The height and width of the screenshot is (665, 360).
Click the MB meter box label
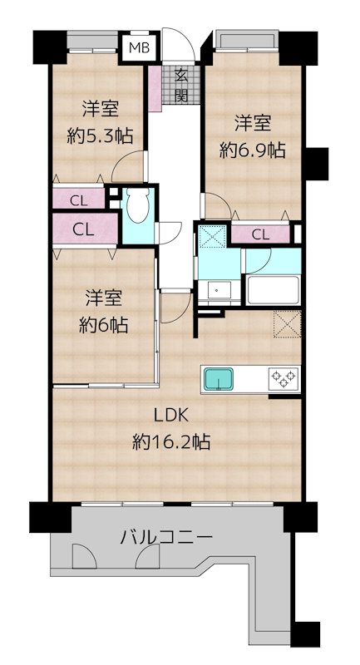tap(139, 48)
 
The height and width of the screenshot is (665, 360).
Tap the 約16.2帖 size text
tap(171, 442)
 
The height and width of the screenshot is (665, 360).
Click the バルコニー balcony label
tap(166, 538)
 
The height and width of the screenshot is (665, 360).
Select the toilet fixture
tap(138, 205)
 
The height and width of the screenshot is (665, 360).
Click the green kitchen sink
tap(219, 379)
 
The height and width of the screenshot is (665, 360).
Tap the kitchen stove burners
tap(284, 379)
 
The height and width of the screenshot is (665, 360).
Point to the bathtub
tap(273, 290)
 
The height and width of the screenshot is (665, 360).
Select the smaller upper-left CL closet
tap(79, 198)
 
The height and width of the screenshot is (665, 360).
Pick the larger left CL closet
tap(85, 229)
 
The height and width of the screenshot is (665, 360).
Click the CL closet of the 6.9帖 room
tap(261, 234)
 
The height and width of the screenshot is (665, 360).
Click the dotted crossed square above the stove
tap(287, 324)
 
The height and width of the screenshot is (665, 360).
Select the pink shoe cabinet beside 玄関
tap(155, 89)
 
